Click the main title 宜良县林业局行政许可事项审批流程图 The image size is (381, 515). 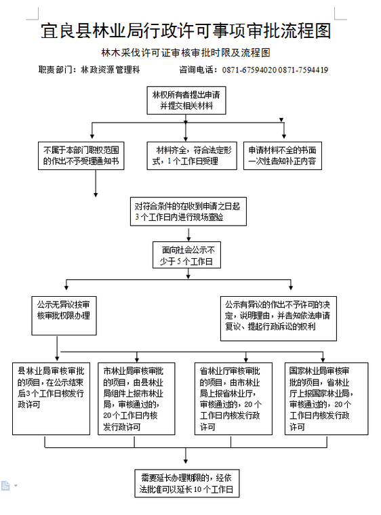(x=186, y=31)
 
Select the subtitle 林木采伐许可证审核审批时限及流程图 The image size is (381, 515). (x=186, y=53)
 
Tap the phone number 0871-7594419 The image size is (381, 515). (x=303, y=70)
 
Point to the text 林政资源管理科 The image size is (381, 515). (x=111, y=70)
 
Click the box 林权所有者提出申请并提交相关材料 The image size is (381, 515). (x=186, y=100)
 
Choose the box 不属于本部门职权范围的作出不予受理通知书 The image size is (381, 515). (x=81, y=156)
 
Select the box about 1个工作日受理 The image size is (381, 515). (x=192, y=156)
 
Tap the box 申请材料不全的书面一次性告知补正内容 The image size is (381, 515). (x=283, y=156)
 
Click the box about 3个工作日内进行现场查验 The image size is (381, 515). (x=188, y=211)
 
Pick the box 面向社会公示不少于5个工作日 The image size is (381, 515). (x=186, y=255)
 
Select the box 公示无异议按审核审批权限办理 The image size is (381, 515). (x=64, y=316)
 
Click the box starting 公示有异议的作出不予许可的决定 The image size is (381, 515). (x=279, y=318)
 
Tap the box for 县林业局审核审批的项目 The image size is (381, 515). (x=52, y=398)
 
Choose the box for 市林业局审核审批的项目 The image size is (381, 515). (x=136, y=398)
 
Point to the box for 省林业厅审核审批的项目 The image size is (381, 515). (x=233, y=398)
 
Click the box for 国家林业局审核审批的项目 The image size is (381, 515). (x=327, y=398)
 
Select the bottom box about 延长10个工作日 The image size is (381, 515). (x=186, y=483)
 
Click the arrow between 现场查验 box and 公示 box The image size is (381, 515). (x=188, y=234)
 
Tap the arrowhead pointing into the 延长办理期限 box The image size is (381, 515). (x=186, y=461)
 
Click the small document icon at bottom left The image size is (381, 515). (x=5, y=485)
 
